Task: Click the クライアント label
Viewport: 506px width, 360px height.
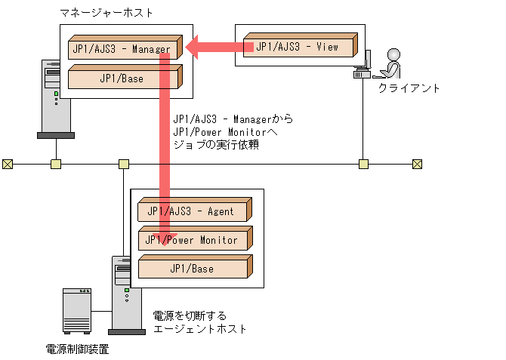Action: point(409,88)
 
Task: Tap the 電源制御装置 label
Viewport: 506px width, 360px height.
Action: point(77,349)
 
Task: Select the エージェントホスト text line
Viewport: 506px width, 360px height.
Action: point(200,329)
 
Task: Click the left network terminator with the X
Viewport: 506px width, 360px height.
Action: point(8,164)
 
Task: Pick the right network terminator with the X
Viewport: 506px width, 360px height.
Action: point(417,164)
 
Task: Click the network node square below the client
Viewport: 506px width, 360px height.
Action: point(363,164)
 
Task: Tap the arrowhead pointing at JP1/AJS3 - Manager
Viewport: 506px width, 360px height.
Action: point(193,48)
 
